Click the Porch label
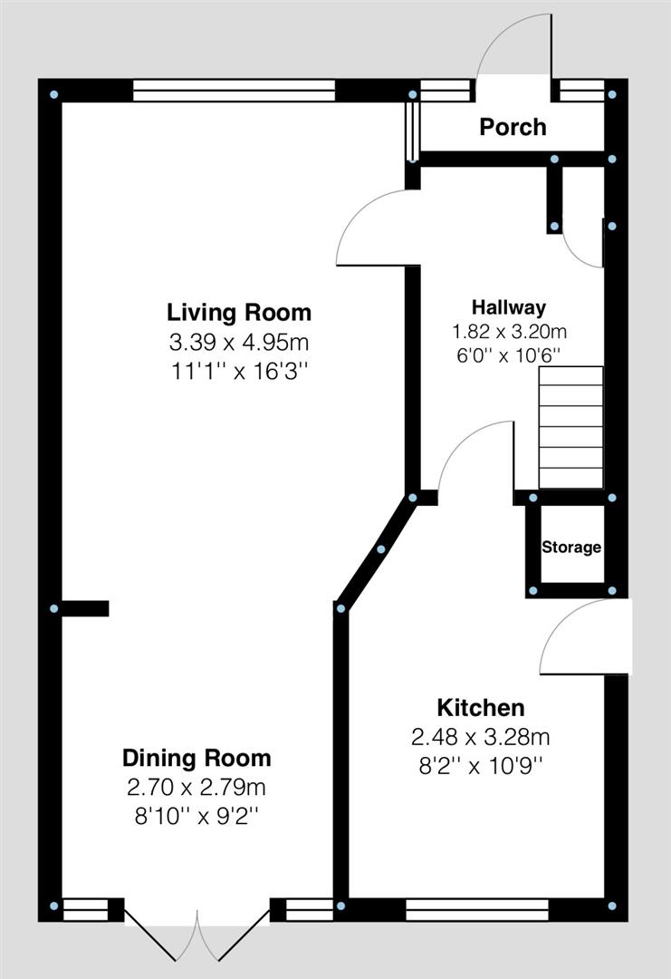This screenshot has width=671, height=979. point(513,127)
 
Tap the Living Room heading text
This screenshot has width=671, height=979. point(239,313)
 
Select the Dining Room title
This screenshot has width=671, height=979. point(197,758)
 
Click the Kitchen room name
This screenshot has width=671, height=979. point(481,707)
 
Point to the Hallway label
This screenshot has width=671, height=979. point(508,307)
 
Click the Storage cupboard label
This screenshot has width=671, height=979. point(571,548)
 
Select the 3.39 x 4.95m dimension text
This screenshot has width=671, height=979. point(239,343)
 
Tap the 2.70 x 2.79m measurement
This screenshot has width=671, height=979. point(197,787)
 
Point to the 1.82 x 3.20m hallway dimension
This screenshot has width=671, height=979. point(508,332)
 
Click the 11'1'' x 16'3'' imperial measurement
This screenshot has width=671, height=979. point(239,372)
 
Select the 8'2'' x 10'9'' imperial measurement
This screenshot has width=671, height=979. point(481,765)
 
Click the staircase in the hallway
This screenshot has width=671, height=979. point(571,427)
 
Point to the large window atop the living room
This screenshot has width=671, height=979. point(234,91)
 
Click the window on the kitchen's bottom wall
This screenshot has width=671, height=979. point(477,908)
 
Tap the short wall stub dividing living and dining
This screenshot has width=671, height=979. point(84,609)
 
